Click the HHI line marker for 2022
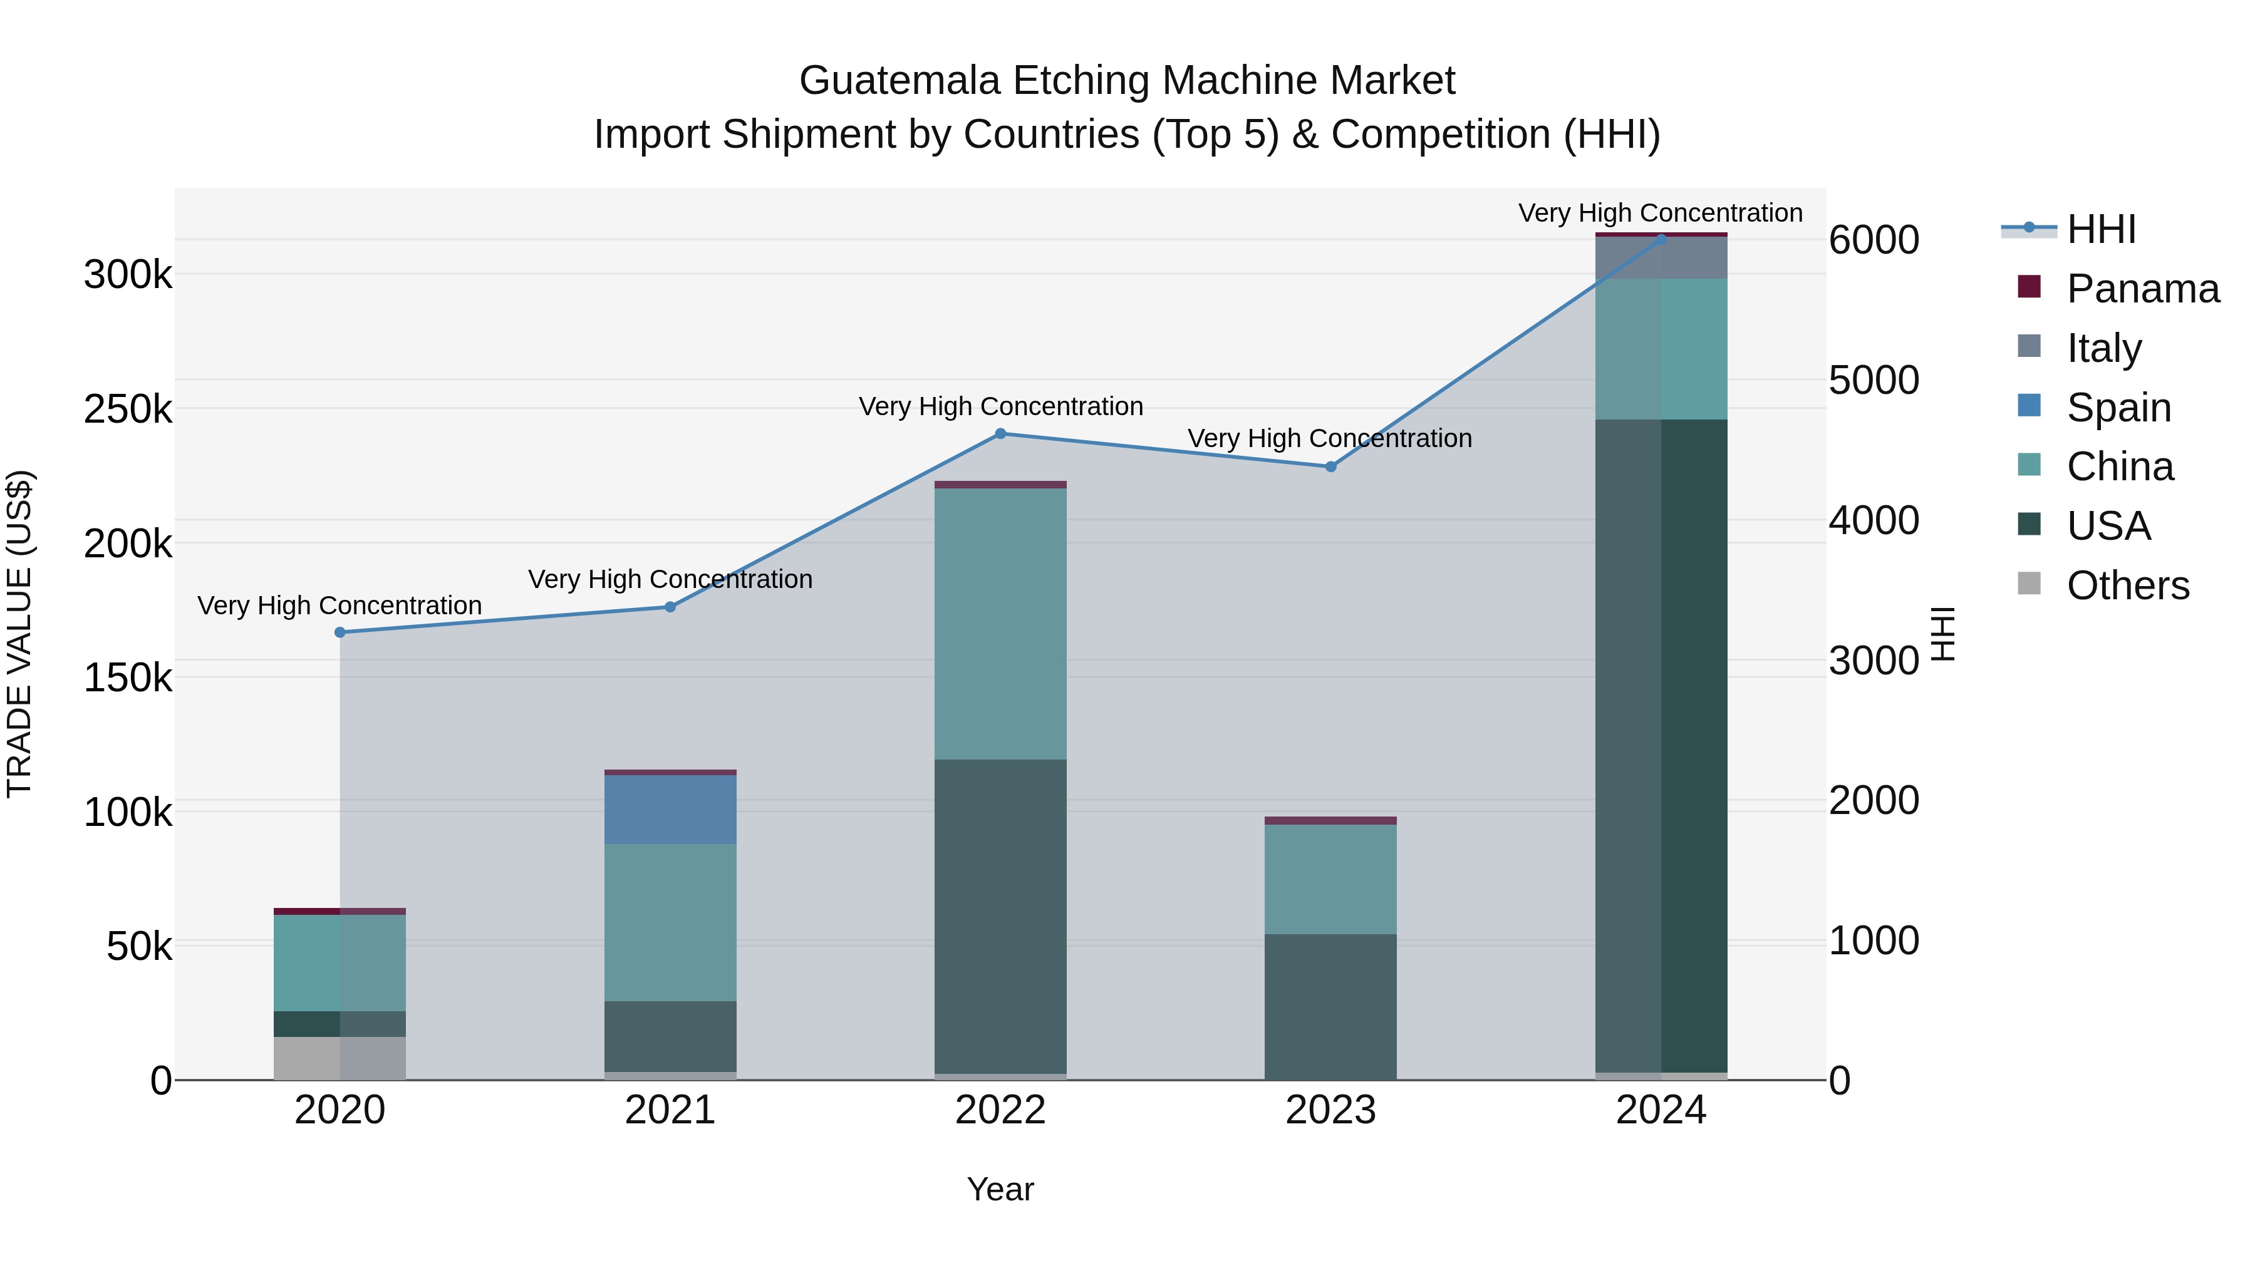(x=1000, y=433)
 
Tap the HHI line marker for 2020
(x=340, y=632)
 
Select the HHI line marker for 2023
(x=1330, y=466)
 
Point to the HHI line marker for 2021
(x=670, y=606)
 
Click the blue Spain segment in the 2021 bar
(x=670, y=810)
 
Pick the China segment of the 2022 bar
(x=1000, y=623)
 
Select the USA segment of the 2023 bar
(x=1330, y=1006)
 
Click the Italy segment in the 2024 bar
(x=1661, y=258)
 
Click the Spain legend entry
(x=2118, y=408)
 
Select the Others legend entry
(x=2127, y=585)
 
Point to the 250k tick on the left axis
(x=128, y=409)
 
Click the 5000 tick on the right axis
(x=1874, y=380)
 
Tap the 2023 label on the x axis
(x=1330, y=1110)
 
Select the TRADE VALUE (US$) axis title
(x=19, y=634)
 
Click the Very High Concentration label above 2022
(x=1000, y=407)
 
